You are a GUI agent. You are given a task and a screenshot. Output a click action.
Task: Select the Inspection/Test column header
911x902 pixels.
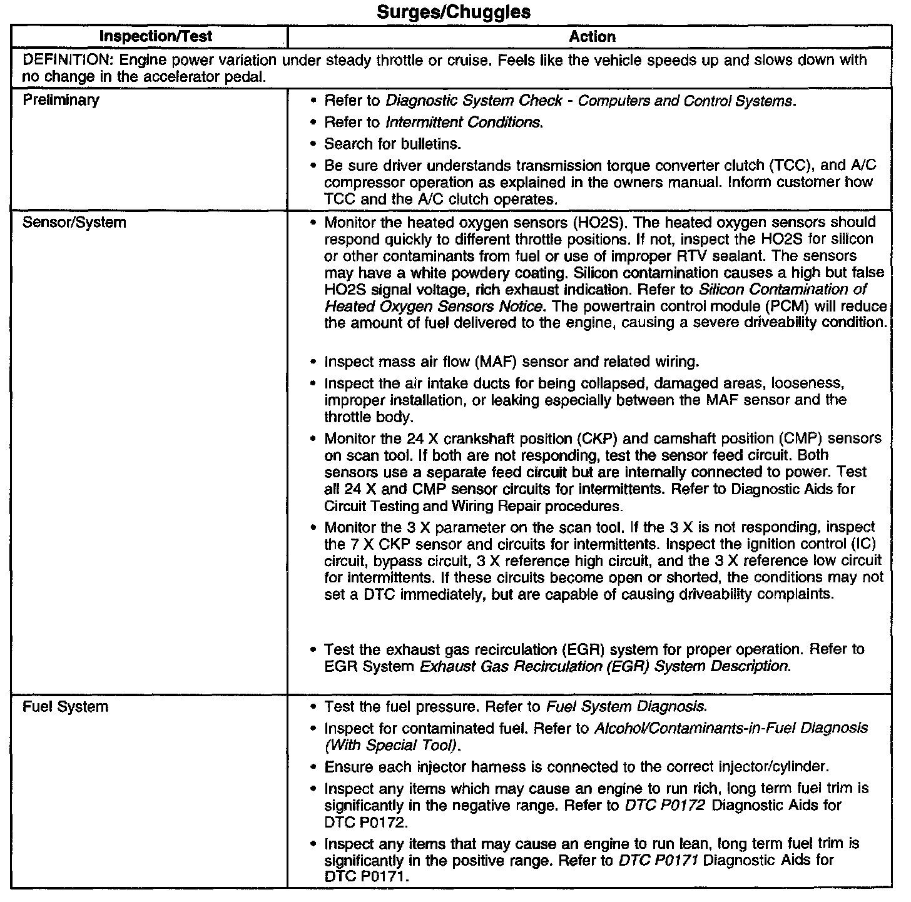156,36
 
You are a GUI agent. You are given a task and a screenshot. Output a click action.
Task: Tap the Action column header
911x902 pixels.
592,37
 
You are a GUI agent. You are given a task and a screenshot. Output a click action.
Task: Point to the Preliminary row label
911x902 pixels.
61,100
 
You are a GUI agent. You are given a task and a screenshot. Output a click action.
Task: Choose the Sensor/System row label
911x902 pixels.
74,223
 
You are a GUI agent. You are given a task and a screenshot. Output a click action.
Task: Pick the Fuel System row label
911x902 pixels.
65,707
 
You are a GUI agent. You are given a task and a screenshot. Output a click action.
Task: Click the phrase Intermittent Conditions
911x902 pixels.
464,123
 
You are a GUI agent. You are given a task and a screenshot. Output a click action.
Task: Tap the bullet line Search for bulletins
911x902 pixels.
392,144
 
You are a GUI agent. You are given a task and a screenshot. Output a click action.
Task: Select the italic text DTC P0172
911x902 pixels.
664,806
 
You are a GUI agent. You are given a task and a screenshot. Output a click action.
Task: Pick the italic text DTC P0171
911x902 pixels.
658,861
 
